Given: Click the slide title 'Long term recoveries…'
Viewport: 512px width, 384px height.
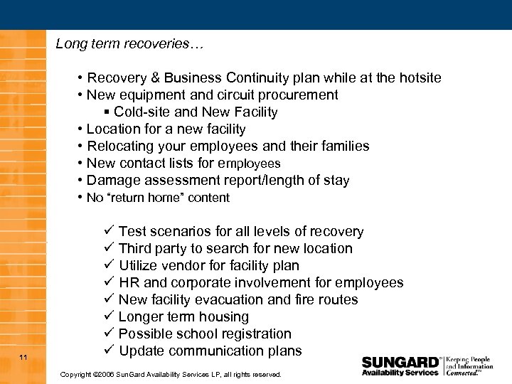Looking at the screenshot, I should (129, 45).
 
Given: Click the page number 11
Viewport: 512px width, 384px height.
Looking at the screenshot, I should (23, 356).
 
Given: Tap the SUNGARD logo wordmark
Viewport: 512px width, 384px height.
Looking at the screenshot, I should (400, 361).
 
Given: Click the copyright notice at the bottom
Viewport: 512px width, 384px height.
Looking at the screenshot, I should (171, 374).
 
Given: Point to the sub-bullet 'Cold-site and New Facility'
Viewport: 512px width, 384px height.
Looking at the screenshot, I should (196, 112).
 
